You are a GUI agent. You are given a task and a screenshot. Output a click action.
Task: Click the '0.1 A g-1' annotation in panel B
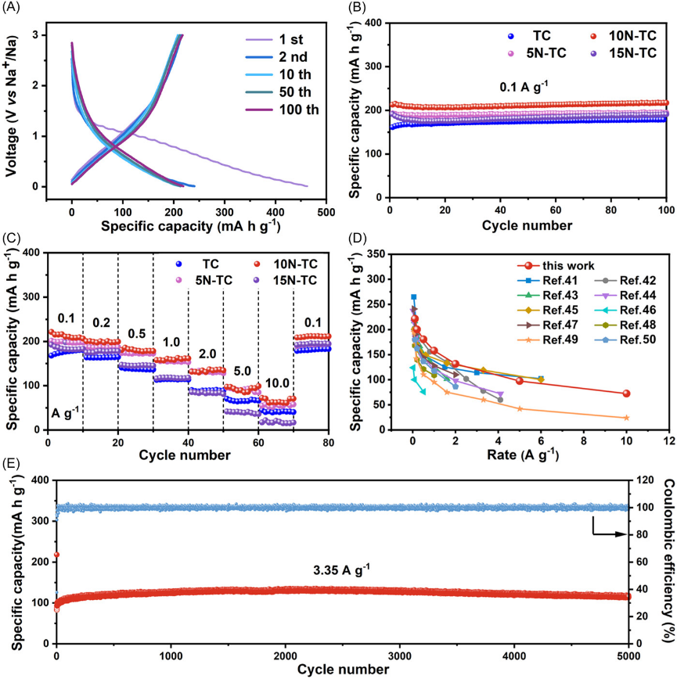531,87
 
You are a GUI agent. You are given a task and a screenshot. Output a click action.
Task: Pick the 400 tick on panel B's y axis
374,24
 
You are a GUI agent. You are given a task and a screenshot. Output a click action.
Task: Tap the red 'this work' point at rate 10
626,393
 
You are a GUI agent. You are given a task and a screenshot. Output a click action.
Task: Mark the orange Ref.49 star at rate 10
626,418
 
